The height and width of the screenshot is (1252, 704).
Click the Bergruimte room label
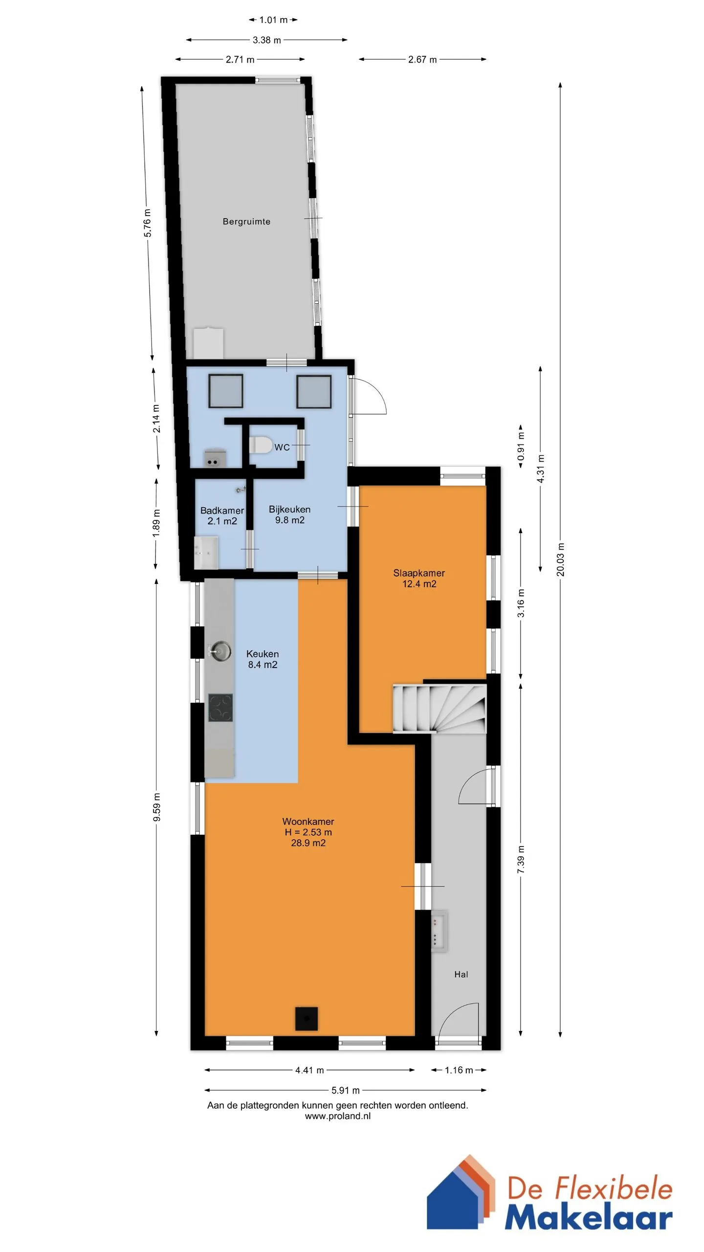[246, 222]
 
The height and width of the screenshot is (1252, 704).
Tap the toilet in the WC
[260, 446]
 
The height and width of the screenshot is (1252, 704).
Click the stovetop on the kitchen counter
[220, 708]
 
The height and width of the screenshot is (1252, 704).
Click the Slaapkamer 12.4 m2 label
[419, 578]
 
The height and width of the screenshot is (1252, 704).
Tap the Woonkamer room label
[308, 822]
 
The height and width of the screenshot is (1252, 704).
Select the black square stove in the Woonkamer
[307, 1019]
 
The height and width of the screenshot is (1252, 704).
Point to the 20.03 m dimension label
[560, 559]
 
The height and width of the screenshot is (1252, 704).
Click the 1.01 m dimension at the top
[273, 20]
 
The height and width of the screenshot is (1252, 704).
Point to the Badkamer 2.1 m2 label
[222, 515]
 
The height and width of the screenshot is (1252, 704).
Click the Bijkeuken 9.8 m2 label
[289, 514]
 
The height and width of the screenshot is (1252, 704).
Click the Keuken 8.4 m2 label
[263, 659]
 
